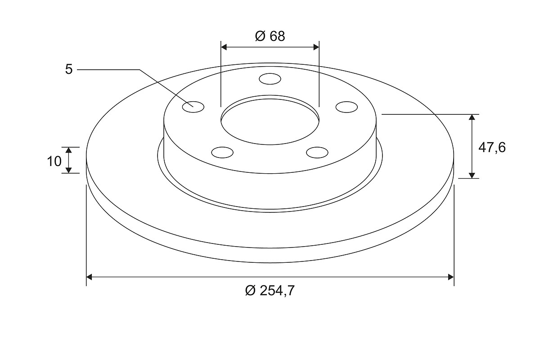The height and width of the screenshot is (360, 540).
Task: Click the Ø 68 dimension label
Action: click(x=270, y=36)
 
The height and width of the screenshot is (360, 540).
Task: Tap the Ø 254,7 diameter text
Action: click(x=270, y=291)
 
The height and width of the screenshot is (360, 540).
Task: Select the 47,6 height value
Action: click(x=492, y=148)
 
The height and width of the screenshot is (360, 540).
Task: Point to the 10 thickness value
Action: click(x=54, y=161)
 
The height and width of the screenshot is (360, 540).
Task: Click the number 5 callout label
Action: click(x=69, y=69)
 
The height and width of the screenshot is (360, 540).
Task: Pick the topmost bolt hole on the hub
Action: click(x=270, y=79)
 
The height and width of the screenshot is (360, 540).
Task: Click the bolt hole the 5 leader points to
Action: click(x=193, y=107)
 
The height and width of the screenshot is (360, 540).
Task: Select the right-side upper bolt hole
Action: click(x=346, y=107)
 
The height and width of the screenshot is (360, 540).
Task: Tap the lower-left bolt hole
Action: click(x=222, y=153)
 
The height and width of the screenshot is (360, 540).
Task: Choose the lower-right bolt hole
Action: click(x=317, y=153)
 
